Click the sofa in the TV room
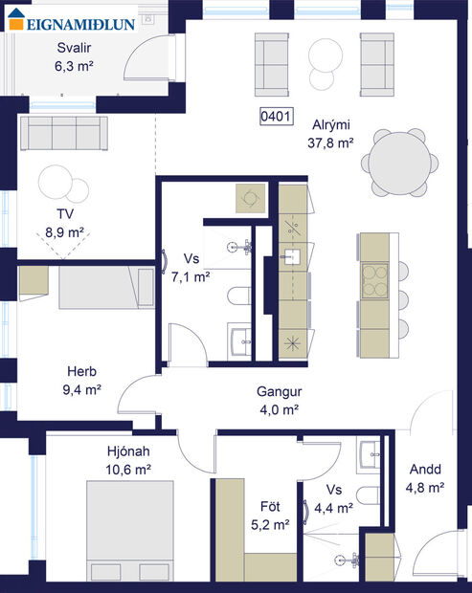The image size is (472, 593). coord(62,134)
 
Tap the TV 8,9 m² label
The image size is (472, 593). coord(64,223)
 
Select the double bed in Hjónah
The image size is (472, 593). coord(124,528)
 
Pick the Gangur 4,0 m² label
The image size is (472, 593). coord(279,400)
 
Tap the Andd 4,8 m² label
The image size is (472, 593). coord(425,478)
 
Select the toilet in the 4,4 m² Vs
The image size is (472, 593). coord(367,496)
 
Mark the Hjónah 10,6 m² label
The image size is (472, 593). coord(128,460)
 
